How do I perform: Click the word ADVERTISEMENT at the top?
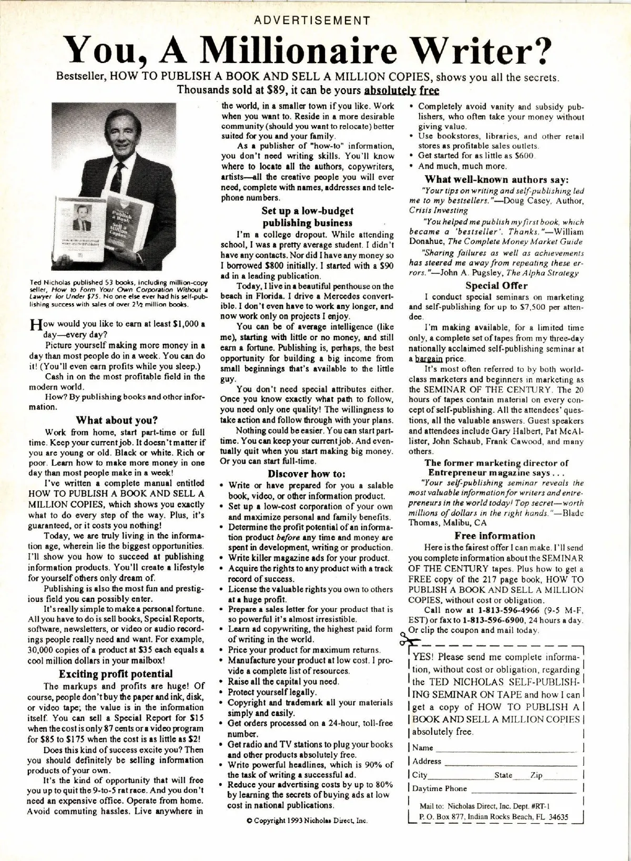click(x=312, y=21)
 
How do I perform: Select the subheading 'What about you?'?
click(x=117, y=419)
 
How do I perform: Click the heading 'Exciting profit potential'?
click(x=116, y=673)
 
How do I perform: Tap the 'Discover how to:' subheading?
click(x=307, y=473)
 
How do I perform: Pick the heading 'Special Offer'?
click(x=496, y=285)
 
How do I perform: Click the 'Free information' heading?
click(x=495, y=536)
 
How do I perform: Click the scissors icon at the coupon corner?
click(x=407, y=641)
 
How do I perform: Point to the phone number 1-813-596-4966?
click(x=508, y=610)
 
